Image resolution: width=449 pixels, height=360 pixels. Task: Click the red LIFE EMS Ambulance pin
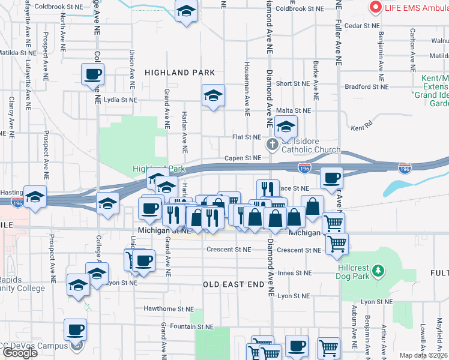coord(376,7)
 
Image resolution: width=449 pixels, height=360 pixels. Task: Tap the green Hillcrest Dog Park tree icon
coord(378,271)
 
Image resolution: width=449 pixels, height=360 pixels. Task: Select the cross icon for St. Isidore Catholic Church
coord(273,145)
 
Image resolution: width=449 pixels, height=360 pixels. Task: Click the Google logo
coord(20,353)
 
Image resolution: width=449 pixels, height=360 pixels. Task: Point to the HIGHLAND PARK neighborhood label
coord(179,73)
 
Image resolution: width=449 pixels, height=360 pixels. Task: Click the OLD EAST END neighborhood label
coord(234,284)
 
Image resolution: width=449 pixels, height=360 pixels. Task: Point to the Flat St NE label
coord(247,137)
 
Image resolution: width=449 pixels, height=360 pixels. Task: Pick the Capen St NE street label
coord(243,158)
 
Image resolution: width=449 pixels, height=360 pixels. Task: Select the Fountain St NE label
coord(191,326)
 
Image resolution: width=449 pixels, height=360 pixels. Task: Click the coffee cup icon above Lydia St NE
coord(93,75)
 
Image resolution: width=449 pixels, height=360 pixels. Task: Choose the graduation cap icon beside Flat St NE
coord(286,127)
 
